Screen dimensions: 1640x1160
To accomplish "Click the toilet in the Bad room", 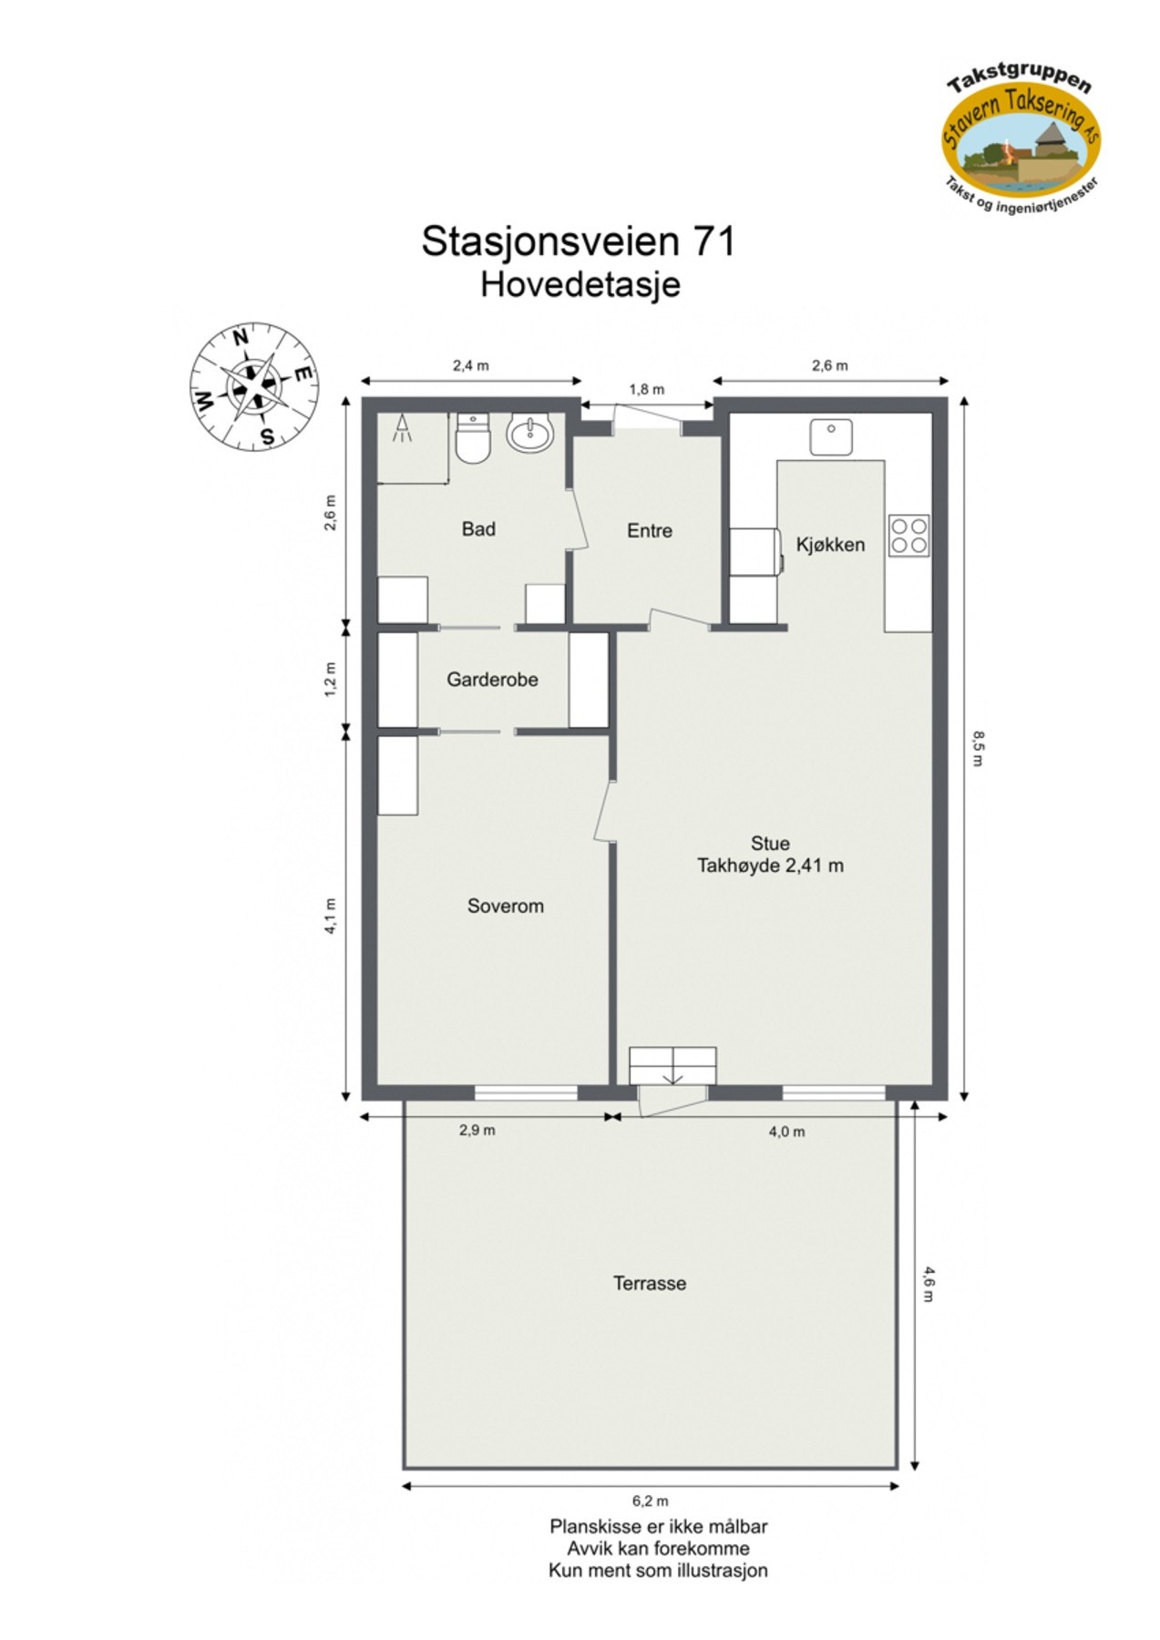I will [x=472, y=440].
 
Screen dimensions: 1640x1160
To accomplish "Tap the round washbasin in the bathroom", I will [x=529, y=435].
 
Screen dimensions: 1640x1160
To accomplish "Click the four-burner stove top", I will [x=908, y=535].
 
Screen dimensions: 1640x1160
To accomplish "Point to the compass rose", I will [x=253, y=385].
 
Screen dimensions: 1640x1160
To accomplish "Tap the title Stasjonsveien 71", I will [x=578, y=241].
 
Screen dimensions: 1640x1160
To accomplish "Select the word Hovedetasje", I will [x=580, y=284].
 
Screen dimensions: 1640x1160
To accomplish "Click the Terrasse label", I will [x=649, y=1283].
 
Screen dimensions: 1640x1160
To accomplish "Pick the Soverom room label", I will [x=505, y=906].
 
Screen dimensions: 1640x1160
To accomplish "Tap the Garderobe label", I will [x=492, y=680].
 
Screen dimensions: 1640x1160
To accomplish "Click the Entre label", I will [x=649, y=530].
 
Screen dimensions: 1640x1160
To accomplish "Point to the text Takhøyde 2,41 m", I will [x=770, y=866].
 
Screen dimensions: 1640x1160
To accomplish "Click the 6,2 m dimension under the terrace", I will [x=651, y=1501].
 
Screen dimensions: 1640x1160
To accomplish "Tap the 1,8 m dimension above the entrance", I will [x=647, y=389].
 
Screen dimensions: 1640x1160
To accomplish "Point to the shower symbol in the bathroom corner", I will [x=402, y=429].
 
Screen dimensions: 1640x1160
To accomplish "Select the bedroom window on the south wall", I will [x=526, y=1092].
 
